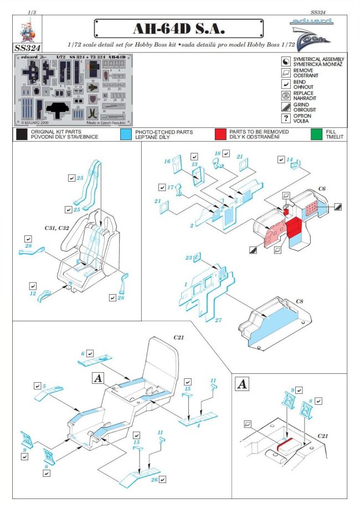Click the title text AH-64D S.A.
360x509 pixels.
[x=178, y=28]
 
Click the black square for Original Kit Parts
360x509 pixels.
[x=22, y=134]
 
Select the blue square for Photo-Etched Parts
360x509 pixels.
[x=126, y=134]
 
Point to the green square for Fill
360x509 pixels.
[x=317, y=134]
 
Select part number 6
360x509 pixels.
[x=83, y=353]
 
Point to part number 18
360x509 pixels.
[x=218, y=153]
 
